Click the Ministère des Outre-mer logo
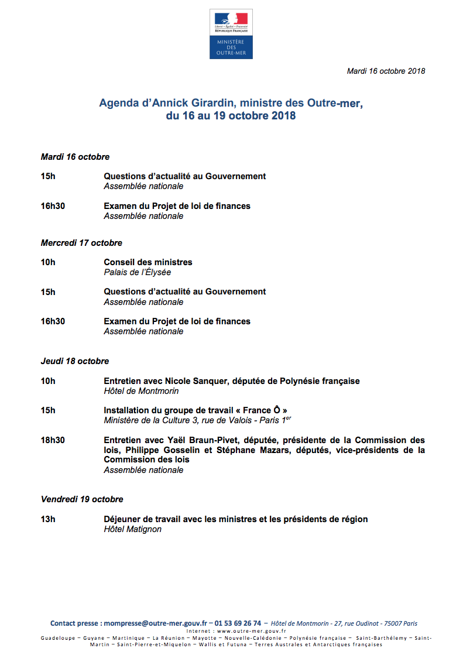point(231,34)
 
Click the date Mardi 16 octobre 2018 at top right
point(386,71)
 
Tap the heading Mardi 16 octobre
point(75,157)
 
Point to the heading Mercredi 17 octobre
point(81,243)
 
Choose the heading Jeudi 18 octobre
point(75,361)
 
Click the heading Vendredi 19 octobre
point(82,499)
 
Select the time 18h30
point(53,440)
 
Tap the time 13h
point(48,519)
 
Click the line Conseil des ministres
point(148,262)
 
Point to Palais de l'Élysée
point(138,272)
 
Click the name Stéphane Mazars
point(249,450)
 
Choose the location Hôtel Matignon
point(132,529)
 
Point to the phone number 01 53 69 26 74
point(238,623)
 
